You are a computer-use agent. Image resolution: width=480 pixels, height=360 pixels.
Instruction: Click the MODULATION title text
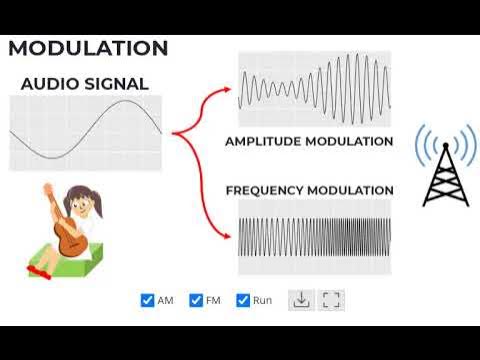click(88, 48)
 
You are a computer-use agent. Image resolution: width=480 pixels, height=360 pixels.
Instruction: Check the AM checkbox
click(148, 300)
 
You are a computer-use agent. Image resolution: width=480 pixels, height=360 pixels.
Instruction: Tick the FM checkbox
click(196, 300)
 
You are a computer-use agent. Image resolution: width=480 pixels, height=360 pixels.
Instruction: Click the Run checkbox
click(243, 300)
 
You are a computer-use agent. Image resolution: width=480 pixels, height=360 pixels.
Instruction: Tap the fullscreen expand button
click(332, 300)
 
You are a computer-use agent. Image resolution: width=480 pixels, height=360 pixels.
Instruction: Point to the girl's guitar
click(69, 236)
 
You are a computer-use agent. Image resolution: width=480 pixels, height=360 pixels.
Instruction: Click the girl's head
click(79, 201)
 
